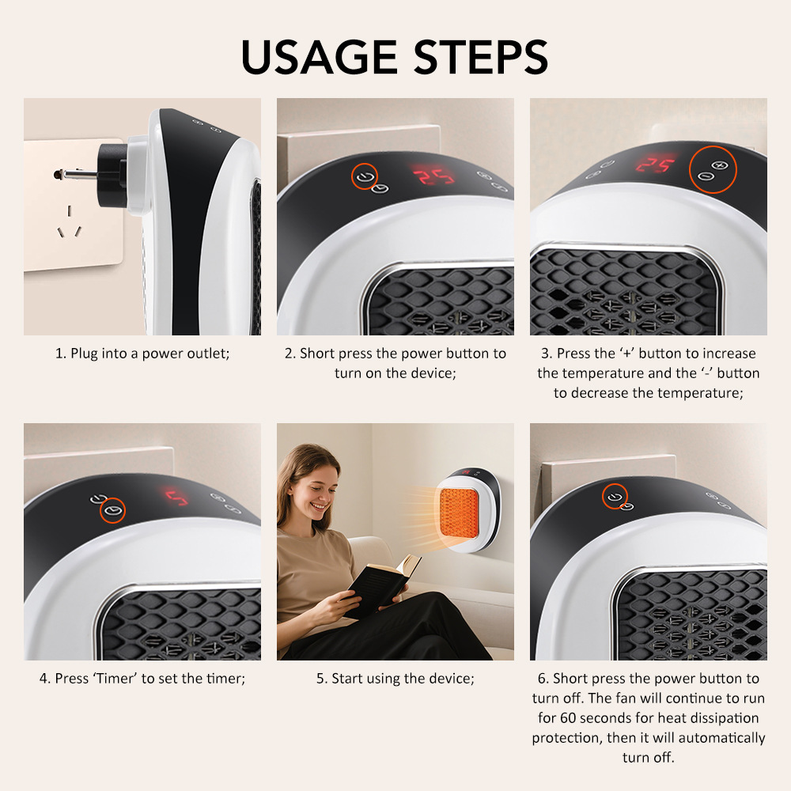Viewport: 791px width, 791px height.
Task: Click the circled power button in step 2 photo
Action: pyautogui.click(x=364, y=176)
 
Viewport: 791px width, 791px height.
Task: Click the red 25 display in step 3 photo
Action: pyautogui.click(x=657, y=165)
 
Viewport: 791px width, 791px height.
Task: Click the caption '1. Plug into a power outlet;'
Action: pyautogui.click(x=142, y=354)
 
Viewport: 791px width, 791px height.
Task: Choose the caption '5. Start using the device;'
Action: pyautogui.click(x=395, y=679)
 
